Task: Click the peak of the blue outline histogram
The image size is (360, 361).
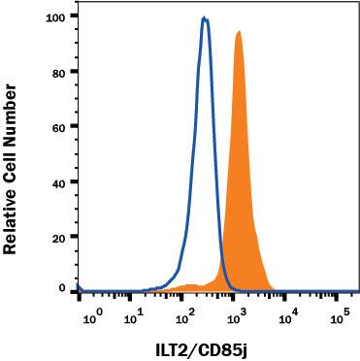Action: pyautogui.click(x=205, y=17)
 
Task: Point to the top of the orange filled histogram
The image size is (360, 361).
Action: pyautogui.click(x=238, y=31)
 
